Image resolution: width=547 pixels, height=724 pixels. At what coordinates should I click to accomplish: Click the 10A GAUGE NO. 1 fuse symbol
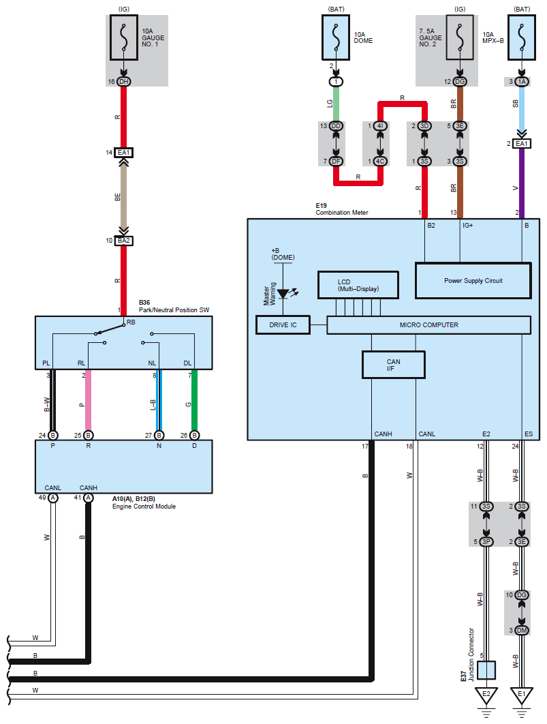click(123, 37)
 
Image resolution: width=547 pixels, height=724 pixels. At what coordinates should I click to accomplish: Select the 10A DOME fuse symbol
click(336, 37)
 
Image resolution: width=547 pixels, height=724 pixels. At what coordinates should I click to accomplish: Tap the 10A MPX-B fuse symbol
click(522, 37)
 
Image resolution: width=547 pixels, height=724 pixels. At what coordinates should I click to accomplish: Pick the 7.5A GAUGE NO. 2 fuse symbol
click(460, 37)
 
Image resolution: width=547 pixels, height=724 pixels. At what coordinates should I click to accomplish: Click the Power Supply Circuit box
click(473, 281)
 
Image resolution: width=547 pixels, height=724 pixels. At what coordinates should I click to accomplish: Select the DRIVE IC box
click(283, 325)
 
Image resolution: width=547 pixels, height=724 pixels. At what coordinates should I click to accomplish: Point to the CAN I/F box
click(394, 365)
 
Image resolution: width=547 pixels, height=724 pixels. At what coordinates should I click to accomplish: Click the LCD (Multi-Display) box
click(358, 285)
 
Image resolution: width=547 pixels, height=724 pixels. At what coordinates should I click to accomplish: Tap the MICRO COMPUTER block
click(429, 325)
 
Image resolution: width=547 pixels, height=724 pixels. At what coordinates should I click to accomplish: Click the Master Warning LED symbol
click(283, 293)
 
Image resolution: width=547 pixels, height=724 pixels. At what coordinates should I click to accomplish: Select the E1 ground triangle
click(522, 695)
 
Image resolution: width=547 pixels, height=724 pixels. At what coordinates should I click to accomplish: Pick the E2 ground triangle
click(486, 695)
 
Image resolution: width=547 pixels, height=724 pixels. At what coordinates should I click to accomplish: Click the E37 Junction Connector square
click(486, 670)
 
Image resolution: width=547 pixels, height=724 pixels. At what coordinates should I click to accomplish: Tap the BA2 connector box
click(123, 241)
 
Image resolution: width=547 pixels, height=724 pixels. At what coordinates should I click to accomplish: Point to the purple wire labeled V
click(522, 183)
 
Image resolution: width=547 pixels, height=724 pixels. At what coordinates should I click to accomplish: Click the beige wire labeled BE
click(123, 197)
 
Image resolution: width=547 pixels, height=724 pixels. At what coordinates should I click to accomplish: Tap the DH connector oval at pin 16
click(123, 82)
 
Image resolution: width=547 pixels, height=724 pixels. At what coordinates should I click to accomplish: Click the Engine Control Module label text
click(144, 507)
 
